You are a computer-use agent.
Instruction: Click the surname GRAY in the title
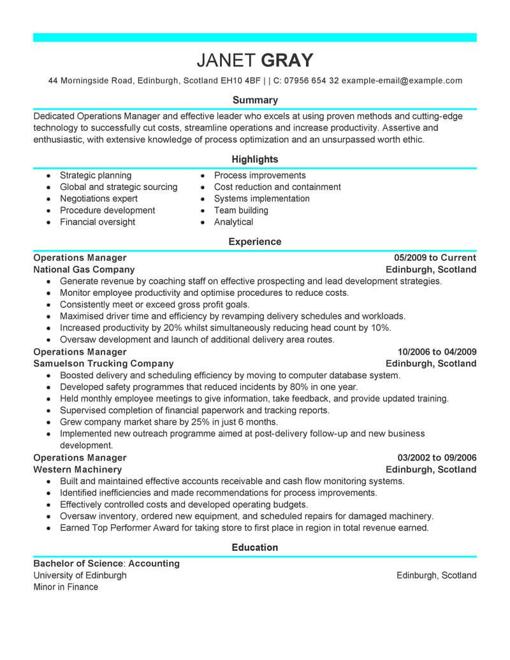(286, 60)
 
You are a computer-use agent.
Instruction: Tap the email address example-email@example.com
(402, 81)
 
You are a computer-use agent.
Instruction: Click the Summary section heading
(255, 100)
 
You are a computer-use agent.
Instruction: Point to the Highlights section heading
(255, 159)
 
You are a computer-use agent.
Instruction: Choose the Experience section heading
(255, 242)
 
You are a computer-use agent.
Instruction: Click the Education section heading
(255, 547)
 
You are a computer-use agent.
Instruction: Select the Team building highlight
(241, 210)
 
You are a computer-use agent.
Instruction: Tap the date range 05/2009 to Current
(435, 258)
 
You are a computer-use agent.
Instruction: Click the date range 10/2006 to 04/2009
(437, 352)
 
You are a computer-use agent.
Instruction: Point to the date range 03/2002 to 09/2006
(437, 458)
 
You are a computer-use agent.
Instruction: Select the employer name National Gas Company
(84, 270)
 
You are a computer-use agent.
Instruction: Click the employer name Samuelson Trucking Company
(103, 363)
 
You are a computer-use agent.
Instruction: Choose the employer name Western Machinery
(77, 469)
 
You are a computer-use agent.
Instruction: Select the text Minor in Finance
(66, 587)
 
